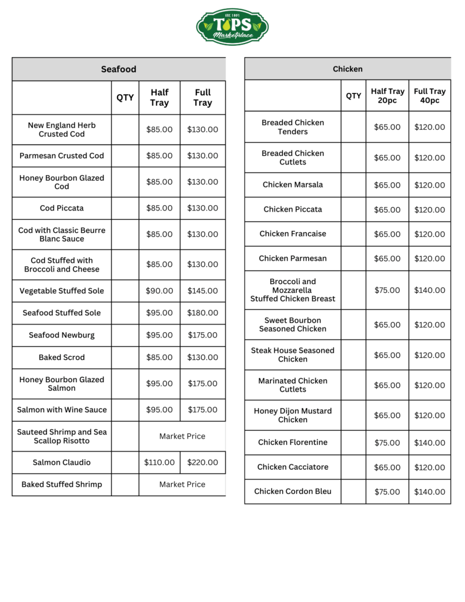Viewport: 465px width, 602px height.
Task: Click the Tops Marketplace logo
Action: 232,26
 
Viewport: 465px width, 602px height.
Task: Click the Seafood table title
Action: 118,69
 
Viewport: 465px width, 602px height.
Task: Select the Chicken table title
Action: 347,69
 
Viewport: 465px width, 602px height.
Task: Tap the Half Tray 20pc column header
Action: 387,96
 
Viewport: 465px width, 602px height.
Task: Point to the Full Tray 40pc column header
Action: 430,96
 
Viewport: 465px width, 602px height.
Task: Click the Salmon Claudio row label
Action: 62,463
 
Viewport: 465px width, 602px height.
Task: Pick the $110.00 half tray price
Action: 159,463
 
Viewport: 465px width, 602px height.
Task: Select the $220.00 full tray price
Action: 202,463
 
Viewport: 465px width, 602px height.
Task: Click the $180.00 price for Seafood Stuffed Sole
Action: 202,313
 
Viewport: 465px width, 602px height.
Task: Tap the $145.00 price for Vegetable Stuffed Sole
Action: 202,291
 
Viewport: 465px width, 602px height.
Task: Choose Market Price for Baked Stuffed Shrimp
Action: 182,484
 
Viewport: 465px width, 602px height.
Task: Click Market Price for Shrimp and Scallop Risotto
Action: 182,436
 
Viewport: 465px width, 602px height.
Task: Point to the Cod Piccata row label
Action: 62,208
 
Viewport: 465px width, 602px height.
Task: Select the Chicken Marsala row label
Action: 293,185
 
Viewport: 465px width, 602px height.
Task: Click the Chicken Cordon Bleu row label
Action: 293,491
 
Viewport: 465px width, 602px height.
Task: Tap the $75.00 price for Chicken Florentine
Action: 387,443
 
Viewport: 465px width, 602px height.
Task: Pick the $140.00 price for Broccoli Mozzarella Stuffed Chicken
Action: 429,290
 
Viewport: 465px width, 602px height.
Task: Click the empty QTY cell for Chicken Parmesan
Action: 353,259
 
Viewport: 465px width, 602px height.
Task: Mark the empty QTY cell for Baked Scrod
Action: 125,357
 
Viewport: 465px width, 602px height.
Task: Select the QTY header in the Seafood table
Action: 125,98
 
